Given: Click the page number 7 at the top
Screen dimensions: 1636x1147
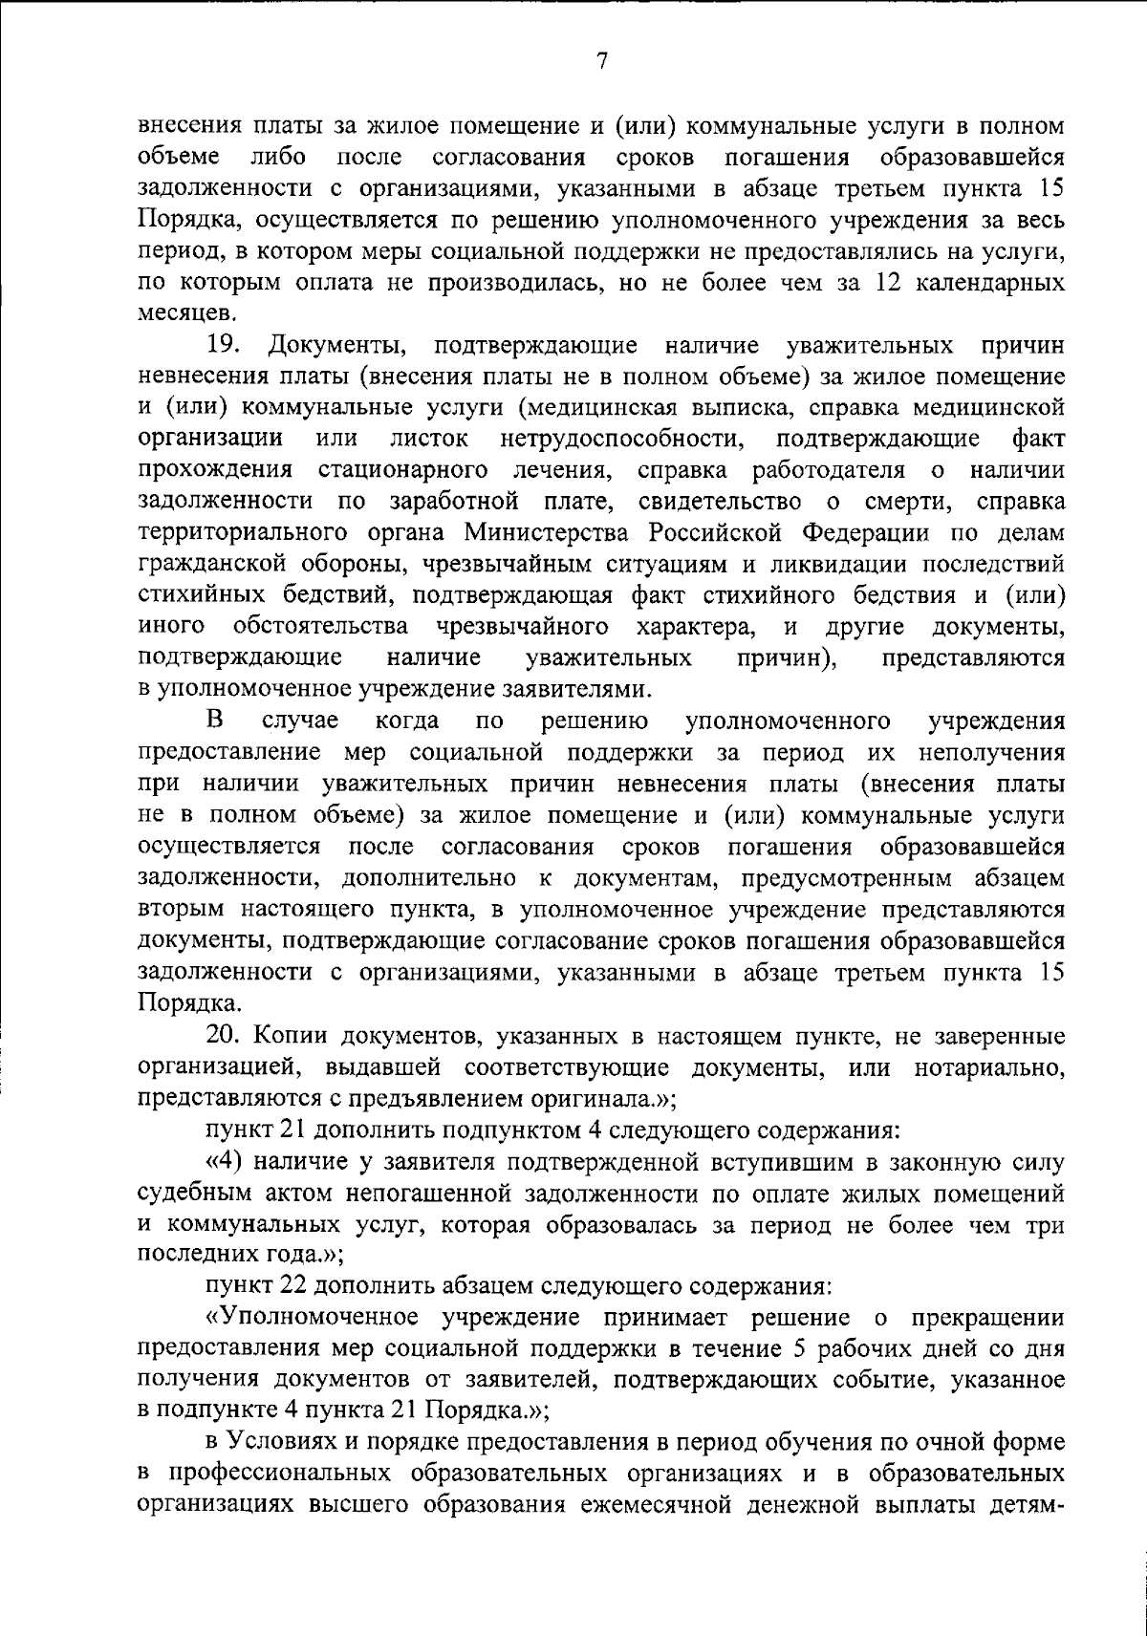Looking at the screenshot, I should [601, 61].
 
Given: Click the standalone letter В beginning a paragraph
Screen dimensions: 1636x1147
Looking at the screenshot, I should [215, 720].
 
